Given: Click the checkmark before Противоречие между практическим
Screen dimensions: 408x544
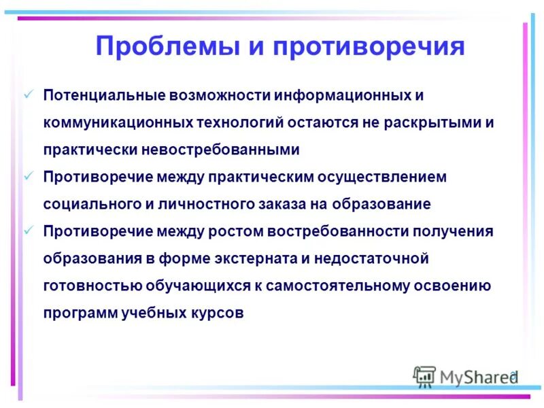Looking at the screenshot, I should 29,175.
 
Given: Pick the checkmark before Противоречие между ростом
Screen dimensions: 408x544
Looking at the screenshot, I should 29,230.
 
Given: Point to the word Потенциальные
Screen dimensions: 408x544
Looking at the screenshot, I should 100,95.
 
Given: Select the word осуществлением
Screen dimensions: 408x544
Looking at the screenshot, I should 385,176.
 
